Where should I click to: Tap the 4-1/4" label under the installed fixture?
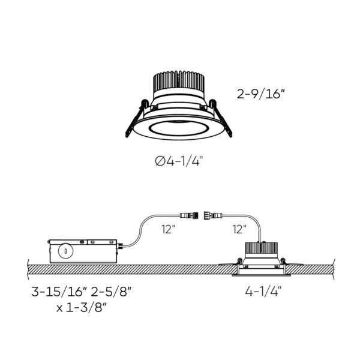pyautogui.click(x=262, y=292)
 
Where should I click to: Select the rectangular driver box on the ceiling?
pyautogui.click(x=82, y=248)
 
